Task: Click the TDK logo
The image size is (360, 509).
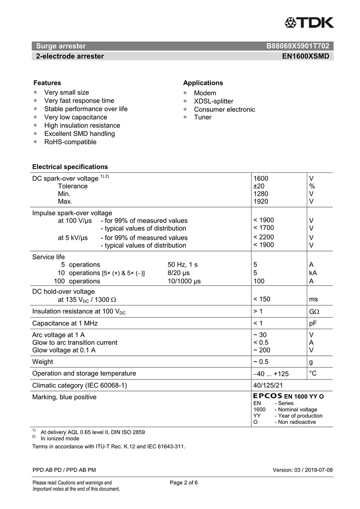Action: click(309, 22)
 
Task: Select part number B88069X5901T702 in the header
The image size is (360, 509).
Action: click(298, 46)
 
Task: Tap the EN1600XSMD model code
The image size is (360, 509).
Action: click(306, 56)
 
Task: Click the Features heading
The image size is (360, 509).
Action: click(47, 83)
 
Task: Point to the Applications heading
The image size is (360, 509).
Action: click(203, 83)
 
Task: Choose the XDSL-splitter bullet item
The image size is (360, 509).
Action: click(214, 101)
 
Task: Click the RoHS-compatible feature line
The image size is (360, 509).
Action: click(70, 142)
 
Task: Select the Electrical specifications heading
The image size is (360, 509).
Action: click(70, 167)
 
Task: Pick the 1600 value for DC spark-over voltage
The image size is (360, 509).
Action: click(261, 178)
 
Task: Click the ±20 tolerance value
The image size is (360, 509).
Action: click(259, 186)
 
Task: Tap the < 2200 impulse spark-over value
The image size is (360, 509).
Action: click(264, 237)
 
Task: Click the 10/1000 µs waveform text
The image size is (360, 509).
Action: click(184, 281)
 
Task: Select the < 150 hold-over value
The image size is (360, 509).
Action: click(262, 299)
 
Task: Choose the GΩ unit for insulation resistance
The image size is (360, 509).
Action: click(314, 311)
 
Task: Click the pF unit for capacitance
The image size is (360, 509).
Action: click(313, 323)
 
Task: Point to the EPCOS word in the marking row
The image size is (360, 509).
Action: click(268, 396)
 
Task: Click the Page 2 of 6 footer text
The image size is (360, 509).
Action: click(184, 483)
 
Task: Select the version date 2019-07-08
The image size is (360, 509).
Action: click(318, 470)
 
